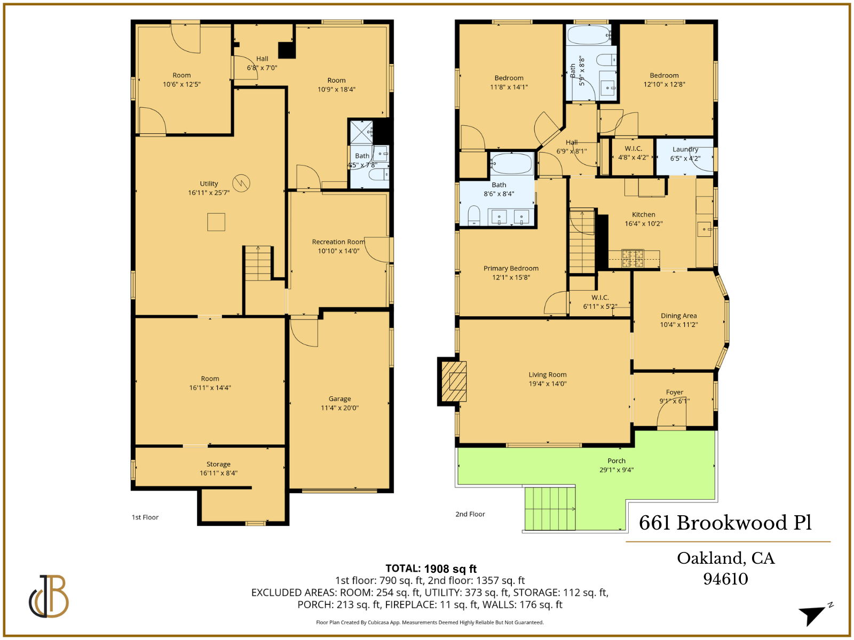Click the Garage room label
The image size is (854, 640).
339,399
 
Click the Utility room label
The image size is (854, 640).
209,183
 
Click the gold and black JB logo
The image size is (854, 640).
49,596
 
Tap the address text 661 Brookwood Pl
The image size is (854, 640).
725,523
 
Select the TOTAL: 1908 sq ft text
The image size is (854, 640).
431,569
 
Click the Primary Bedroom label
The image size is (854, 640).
511,268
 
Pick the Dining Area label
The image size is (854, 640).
678,316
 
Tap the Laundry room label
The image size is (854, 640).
685,149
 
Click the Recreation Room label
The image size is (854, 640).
338,242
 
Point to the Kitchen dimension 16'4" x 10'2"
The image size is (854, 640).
644,223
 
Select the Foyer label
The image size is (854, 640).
675,392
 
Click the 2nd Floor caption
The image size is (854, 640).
470,514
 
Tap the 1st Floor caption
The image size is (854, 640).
145,517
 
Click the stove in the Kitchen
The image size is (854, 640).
632,258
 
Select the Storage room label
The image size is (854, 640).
218,464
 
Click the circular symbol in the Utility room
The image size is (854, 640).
241,183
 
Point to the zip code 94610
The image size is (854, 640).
725,579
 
